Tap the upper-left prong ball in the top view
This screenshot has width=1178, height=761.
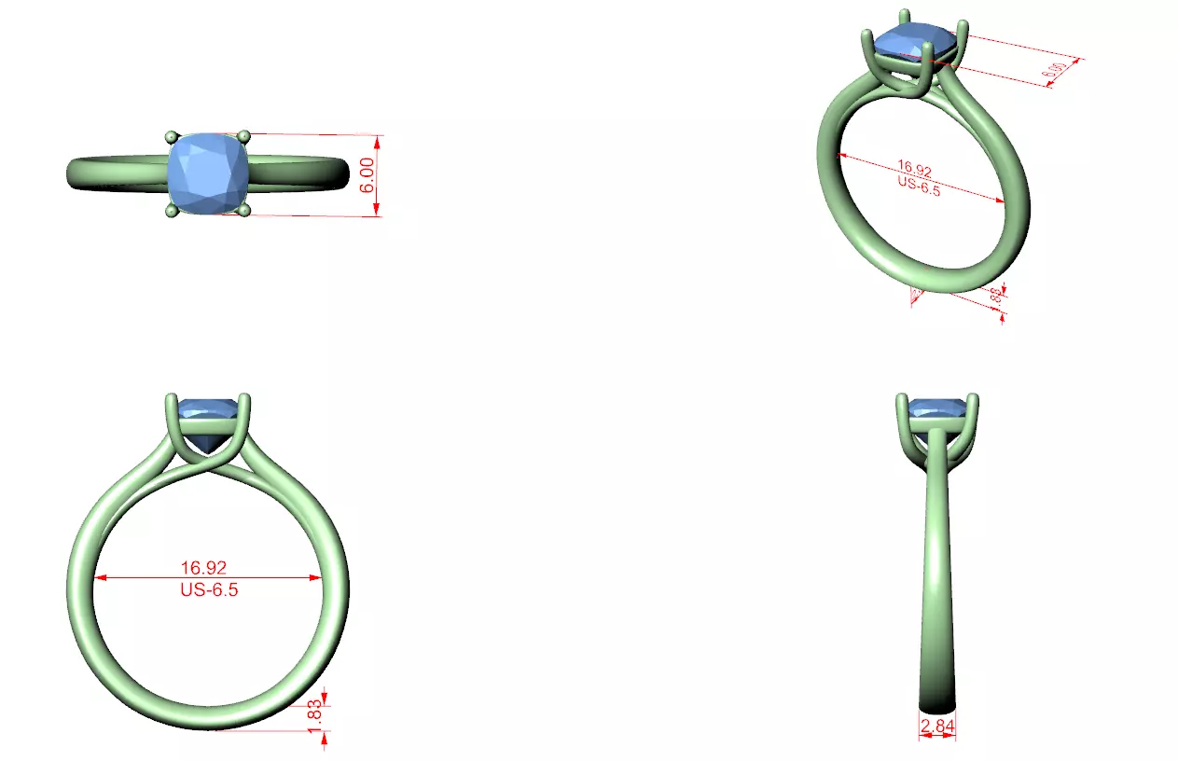[x=171, y=137]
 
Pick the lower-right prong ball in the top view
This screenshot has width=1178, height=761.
[x=245, y=212]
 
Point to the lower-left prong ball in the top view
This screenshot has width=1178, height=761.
[x=171, y=213]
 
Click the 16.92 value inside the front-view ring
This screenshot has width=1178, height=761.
[x=203, y=567]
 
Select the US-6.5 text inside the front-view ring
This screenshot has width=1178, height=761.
[x=208, y=589]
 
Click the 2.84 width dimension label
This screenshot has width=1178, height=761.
[x=937, y=726]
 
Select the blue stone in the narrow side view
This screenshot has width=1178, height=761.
[x=937, y=408]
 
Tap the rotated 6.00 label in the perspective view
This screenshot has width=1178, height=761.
[x=1057, y=69]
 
